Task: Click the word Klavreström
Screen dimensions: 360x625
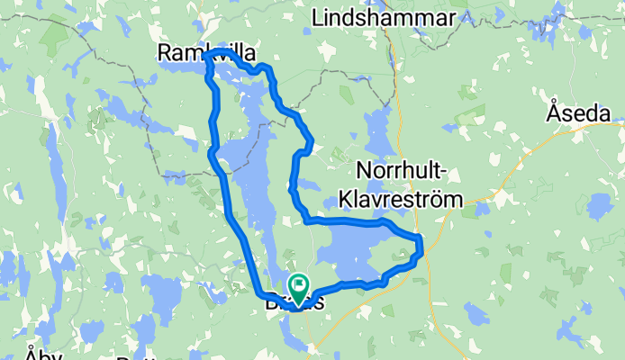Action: [409, 199]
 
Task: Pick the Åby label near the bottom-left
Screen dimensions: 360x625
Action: [42, 354]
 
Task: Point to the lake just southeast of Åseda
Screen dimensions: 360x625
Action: [599, 206]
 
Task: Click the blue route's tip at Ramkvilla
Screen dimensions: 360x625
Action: [206, 56]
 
